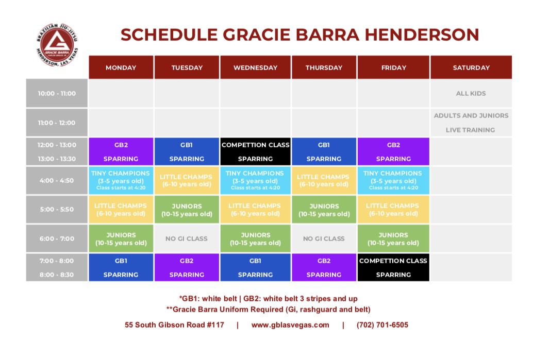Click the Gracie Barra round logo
point(57,45)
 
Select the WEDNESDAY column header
point(255,67)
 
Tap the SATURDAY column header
point(471,67)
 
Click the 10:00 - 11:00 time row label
point(57,93)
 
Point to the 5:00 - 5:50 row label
point(57,209)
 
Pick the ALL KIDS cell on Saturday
point(471,93)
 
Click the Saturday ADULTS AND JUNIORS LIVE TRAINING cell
point(471,123)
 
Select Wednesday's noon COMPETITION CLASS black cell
point(255,151)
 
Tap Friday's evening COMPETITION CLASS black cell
point(393,267)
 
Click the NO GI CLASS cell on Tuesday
point(187,238)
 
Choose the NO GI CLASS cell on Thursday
point(324,238)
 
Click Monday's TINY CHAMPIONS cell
point(121,180)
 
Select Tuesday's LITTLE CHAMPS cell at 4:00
point(187,180)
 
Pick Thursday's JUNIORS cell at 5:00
point(324,209)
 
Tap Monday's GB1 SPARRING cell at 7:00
point(121,267)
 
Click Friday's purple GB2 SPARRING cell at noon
point(393,151)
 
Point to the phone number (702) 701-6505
point(382,324)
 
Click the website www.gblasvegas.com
point(290,325)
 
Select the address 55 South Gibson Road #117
point(174,324)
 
